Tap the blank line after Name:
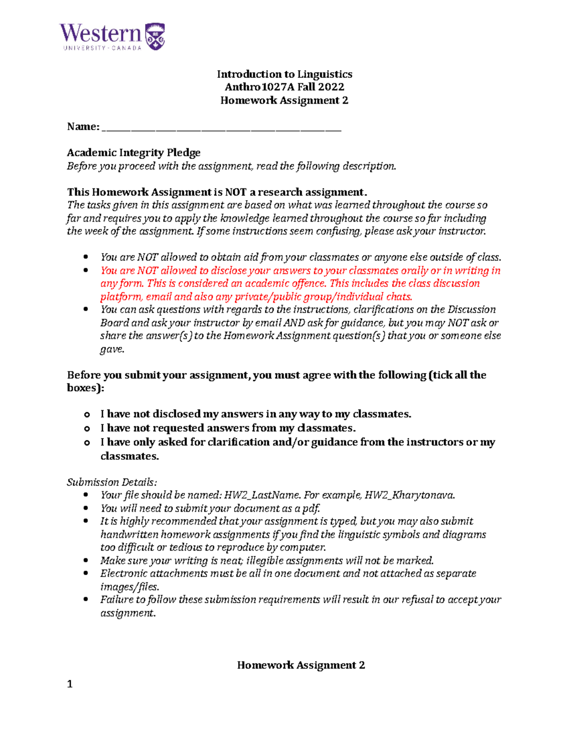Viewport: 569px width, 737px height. tap(221, 127)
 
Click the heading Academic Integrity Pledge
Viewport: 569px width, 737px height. tap(134, 152)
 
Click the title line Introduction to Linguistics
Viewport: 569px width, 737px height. tap(284, 74)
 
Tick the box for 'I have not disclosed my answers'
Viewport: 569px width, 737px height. tap(87, 415)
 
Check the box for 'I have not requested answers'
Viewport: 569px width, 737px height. tap(87, 429)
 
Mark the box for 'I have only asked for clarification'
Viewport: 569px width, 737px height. tap(87, 443)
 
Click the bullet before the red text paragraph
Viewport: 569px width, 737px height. tap(86, 271)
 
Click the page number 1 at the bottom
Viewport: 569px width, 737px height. tap(70, 684)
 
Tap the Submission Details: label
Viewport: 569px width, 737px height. tap(112, 482)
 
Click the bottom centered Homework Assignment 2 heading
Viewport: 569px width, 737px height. tap(301, 665)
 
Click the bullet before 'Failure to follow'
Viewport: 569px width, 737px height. tap(86, 599)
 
